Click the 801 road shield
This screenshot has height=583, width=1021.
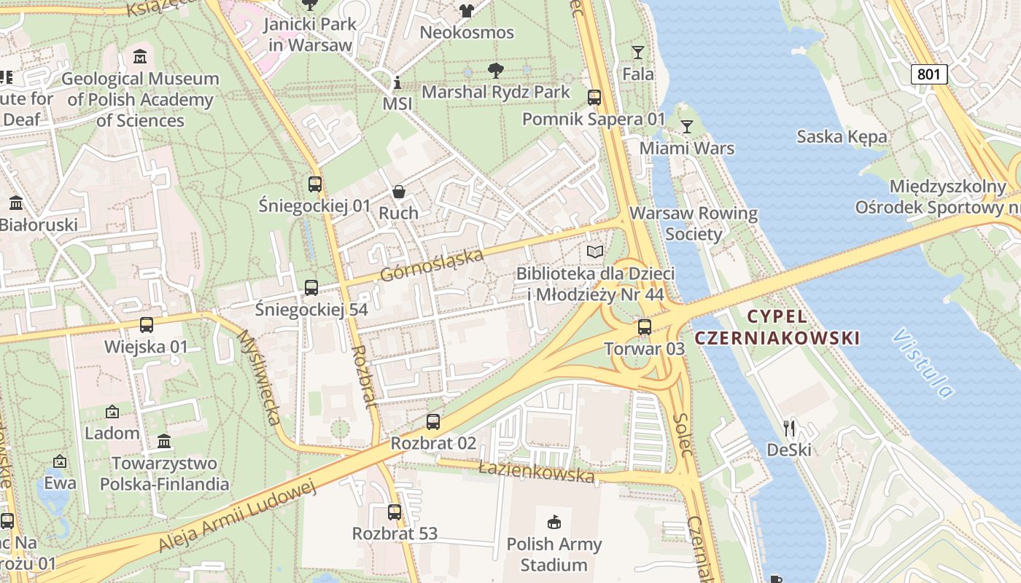point(929,74)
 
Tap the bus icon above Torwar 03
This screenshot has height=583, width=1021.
point(645,326)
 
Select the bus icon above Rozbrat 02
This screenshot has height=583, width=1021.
point(433,421)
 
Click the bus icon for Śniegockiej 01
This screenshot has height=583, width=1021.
point(315,184)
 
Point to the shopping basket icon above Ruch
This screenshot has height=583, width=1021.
point(399,192)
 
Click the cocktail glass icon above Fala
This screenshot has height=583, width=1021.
point(638,52)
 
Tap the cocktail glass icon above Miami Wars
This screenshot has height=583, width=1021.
point(686,126)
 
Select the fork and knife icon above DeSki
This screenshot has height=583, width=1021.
point(789,428)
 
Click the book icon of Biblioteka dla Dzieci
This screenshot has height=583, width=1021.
point(595,251)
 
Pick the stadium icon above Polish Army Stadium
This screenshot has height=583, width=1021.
point(554,522)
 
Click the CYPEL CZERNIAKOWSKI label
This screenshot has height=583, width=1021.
point(777,327)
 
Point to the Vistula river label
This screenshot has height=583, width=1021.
point(923,363)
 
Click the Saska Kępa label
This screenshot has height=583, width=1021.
point(842,136)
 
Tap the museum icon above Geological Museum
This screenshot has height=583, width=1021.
point(140,56)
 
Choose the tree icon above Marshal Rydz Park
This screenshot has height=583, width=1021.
point(496,71)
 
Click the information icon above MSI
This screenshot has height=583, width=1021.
point(397,82)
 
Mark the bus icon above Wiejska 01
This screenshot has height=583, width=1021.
point(147,325)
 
